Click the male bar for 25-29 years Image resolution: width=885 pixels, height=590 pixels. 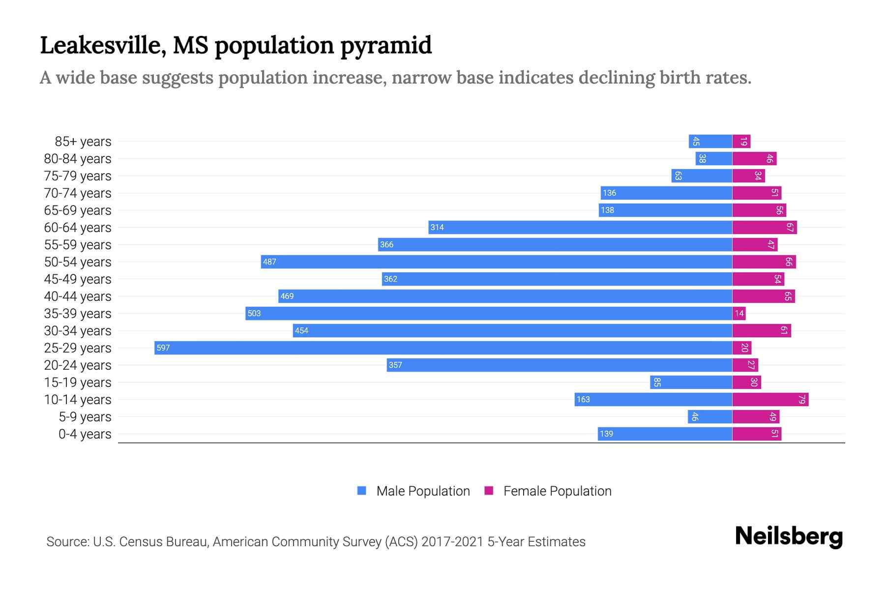click(x=442, y=348)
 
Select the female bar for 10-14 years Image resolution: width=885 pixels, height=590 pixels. click(x=770, y=399)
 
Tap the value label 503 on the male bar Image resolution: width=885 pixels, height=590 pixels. click(x=254, y=313)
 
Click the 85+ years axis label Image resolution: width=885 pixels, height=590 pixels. click(x=83, y=142)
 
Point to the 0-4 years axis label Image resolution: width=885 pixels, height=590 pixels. click(x=85, y=434)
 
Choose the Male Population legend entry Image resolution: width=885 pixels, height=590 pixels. click(x=413, y=491)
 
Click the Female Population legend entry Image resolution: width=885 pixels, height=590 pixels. click(x=548, y=491)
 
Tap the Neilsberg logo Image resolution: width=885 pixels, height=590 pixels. click(x=789, y=536)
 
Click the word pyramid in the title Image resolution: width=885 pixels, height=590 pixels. click(x=386, y=45)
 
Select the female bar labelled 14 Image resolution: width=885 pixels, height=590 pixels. click(x=739, y=313)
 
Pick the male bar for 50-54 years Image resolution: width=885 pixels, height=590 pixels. click(x=497, y=262)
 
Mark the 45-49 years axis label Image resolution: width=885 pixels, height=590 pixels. click(x=78, y=279)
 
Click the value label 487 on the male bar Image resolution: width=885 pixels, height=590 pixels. click(x=269, y=262)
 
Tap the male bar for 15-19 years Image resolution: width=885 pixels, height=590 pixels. click(x=691, y=382)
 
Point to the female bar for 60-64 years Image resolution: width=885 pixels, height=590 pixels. click(x=764, y=227)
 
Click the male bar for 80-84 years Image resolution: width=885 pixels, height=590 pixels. click(x=713, y=158)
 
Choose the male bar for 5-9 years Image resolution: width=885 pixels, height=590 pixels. click(x=709, y=416)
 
